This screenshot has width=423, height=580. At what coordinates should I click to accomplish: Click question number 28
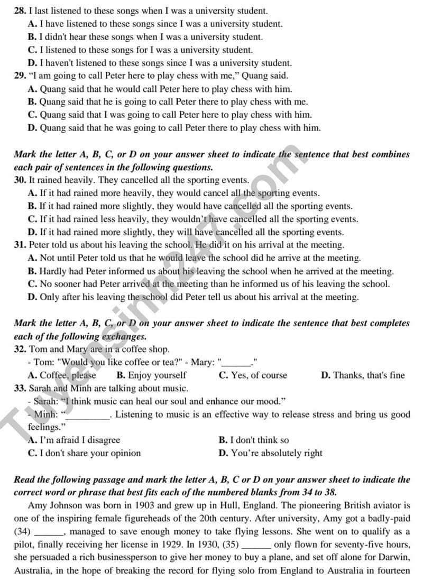[20, 11]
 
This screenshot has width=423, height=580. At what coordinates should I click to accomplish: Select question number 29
[20, 76]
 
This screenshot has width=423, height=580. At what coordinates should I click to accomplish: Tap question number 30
[20, 180]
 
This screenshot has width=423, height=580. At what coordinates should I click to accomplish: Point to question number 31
[20, 245]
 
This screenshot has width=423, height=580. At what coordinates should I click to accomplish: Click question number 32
[20, 349]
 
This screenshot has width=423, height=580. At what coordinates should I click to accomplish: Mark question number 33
[20, 388]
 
